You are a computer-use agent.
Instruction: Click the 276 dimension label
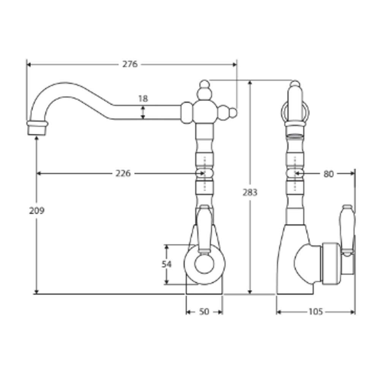coord(130,64)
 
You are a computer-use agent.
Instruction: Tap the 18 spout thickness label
coord(143,99)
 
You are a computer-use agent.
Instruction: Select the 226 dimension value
coord(123,173)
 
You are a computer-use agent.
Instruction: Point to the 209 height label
coord(37,210)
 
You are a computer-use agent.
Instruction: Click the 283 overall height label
coord(250,192)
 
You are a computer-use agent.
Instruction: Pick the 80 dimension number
coord(329,174)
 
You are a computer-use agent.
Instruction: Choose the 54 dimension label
coord(166,264)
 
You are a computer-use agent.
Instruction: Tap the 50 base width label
coord(204,312)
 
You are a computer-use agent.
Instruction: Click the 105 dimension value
coord(316,312)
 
